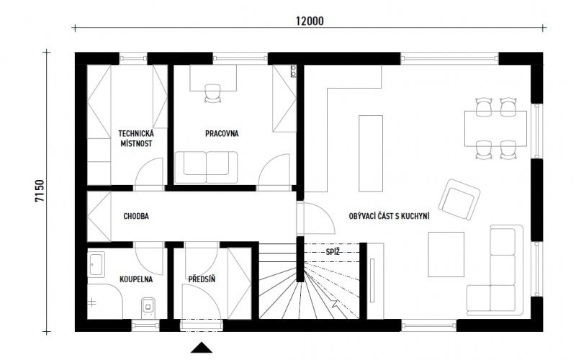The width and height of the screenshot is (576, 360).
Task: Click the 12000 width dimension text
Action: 310,22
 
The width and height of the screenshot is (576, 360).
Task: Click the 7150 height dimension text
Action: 40,191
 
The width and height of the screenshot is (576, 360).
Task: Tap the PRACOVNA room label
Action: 222,133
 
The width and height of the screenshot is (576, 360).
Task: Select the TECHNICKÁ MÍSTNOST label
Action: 136,138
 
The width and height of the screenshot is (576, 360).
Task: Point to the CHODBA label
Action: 136,216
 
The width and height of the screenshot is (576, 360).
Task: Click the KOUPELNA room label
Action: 136,279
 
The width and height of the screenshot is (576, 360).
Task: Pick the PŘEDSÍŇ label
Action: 202,279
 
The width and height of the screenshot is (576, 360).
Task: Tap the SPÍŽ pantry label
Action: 333,251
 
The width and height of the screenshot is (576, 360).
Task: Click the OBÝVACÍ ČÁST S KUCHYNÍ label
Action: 389,216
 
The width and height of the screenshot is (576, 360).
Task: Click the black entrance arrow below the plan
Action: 202,348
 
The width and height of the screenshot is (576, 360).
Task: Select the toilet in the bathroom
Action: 148,307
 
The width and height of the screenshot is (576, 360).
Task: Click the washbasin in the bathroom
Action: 97,264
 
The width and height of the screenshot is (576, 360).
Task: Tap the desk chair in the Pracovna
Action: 212,94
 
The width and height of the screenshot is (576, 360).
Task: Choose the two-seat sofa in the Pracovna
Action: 207,167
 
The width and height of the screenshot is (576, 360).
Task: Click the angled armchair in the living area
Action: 459,199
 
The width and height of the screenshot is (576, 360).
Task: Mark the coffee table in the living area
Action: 446,254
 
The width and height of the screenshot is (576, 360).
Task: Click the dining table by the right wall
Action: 495,129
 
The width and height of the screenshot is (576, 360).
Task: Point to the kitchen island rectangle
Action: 371,153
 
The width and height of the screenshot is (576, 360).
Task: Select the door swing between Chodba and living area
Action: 316,217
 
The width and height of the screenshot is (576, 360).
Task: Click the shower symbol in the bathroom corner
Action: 92,302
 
